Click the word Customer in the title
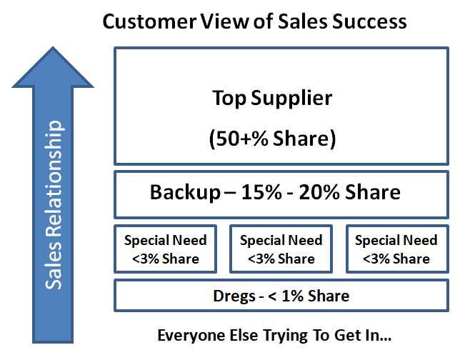tap(150, 22)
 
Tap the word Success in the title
tap(369, 22)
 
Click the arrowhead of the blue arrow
tap(53, 67)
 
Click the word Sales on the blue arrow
tap(54, 264)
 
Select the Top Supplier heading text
tap(272, 99)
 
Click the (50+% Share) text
tap(272, 139)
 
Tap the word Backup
tap(186, 193)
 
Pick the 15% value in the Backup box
tap(261, 192)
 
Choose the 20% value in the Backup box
tap(319, 192)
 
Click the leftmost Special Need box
tap(166, 249)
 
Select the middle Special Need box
tap(281, 249)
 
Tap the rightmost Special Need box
tap(397, 249)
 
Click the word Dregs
tap(234, 296)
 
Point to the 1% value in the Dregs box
tap(292, 296)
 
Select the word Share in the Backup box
tap(373, 192)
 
